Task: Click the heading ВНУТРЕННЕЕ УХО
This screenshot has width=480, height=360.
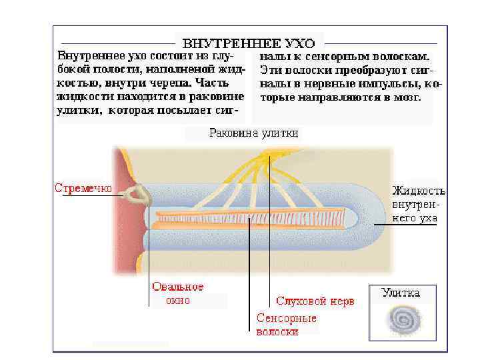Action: pos(249,44)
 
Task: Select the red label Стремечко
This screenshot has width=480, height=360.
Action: pos(83,188)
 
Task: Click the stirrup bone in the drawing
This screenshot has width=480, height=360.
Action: pos(139,195)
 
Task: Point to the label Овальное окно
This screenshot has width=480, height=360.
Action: pos(178,293)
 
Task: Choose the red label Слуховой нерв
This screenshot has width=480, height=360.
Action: pos(315,301)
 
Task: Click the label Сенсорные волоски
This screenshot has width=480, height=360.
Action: pos(287,325)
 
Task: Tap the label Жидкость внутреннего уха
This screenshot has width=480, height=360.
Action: pos(418,204)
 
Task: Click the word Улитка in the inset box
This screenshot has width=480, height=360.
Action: pos(401,292)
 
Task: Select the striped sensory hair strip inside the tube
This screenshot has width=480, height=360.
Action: pos(250,217)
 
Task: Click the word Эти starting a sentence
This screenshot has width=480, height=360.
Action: pos(270,69)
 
